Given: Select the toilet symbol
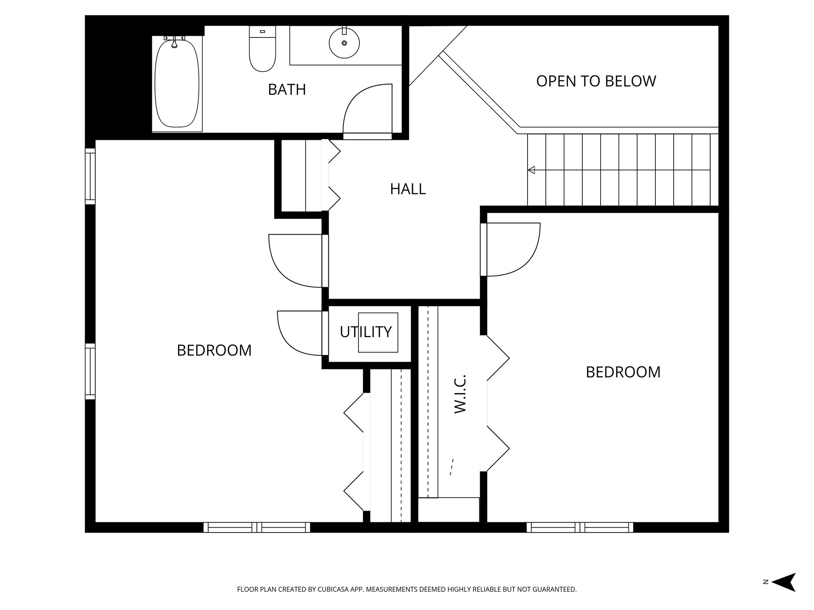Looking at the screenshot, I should click(x=262, y=50).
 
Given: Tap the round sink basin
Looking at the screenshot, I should click(x=344, y=43).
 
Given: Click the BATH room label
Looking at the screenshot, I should click(x=287, y=90).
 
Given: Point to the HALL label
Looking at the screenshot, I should click(x=408, y=189).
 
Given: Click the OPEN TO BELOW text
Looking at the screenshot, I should click(x=596, y=81).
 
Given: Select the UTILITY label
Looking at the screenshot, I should click(x=366, y=332).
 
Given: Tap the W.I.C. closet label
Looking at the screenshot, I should click(x=460, y=394).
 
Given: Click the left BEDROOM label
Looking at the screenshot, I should click(x=214, y=351).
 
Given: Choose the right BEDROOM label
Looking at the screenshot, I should click(x=623, y=373).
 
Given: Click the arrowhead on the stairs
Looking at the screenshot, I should click(x=531, y=170).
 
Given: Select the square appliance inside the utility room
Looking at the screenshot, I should click(x=378, y=332).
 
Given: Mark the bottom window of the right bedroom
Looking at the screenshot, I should click(x=579, y=527).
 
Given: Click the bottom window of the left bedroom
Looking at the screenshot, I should click(x=257, y=527).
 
